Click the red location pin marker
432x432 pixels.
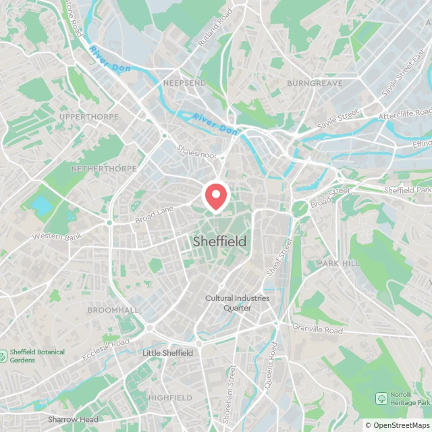(216, 196)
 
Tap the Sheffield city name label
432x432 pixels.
(219, 241)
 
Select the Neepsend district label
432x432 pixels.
(184, 83)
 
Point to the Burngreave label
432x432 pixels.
(315, 83)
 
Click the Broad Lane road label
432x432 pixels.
(155, 215)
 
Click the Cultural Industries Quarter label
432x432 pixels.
(228, 303)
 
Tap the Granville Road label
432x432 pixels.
(317, 329)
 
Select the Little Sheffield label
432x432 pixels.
(167, 353)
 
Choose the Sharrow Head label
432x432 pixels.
(73, 419)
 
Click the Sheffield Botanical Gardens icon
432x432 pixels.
(5, 354)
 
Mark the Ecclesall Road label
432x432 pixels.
(106, 348)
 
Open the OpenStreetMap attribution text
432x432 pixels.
(398, 425)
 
